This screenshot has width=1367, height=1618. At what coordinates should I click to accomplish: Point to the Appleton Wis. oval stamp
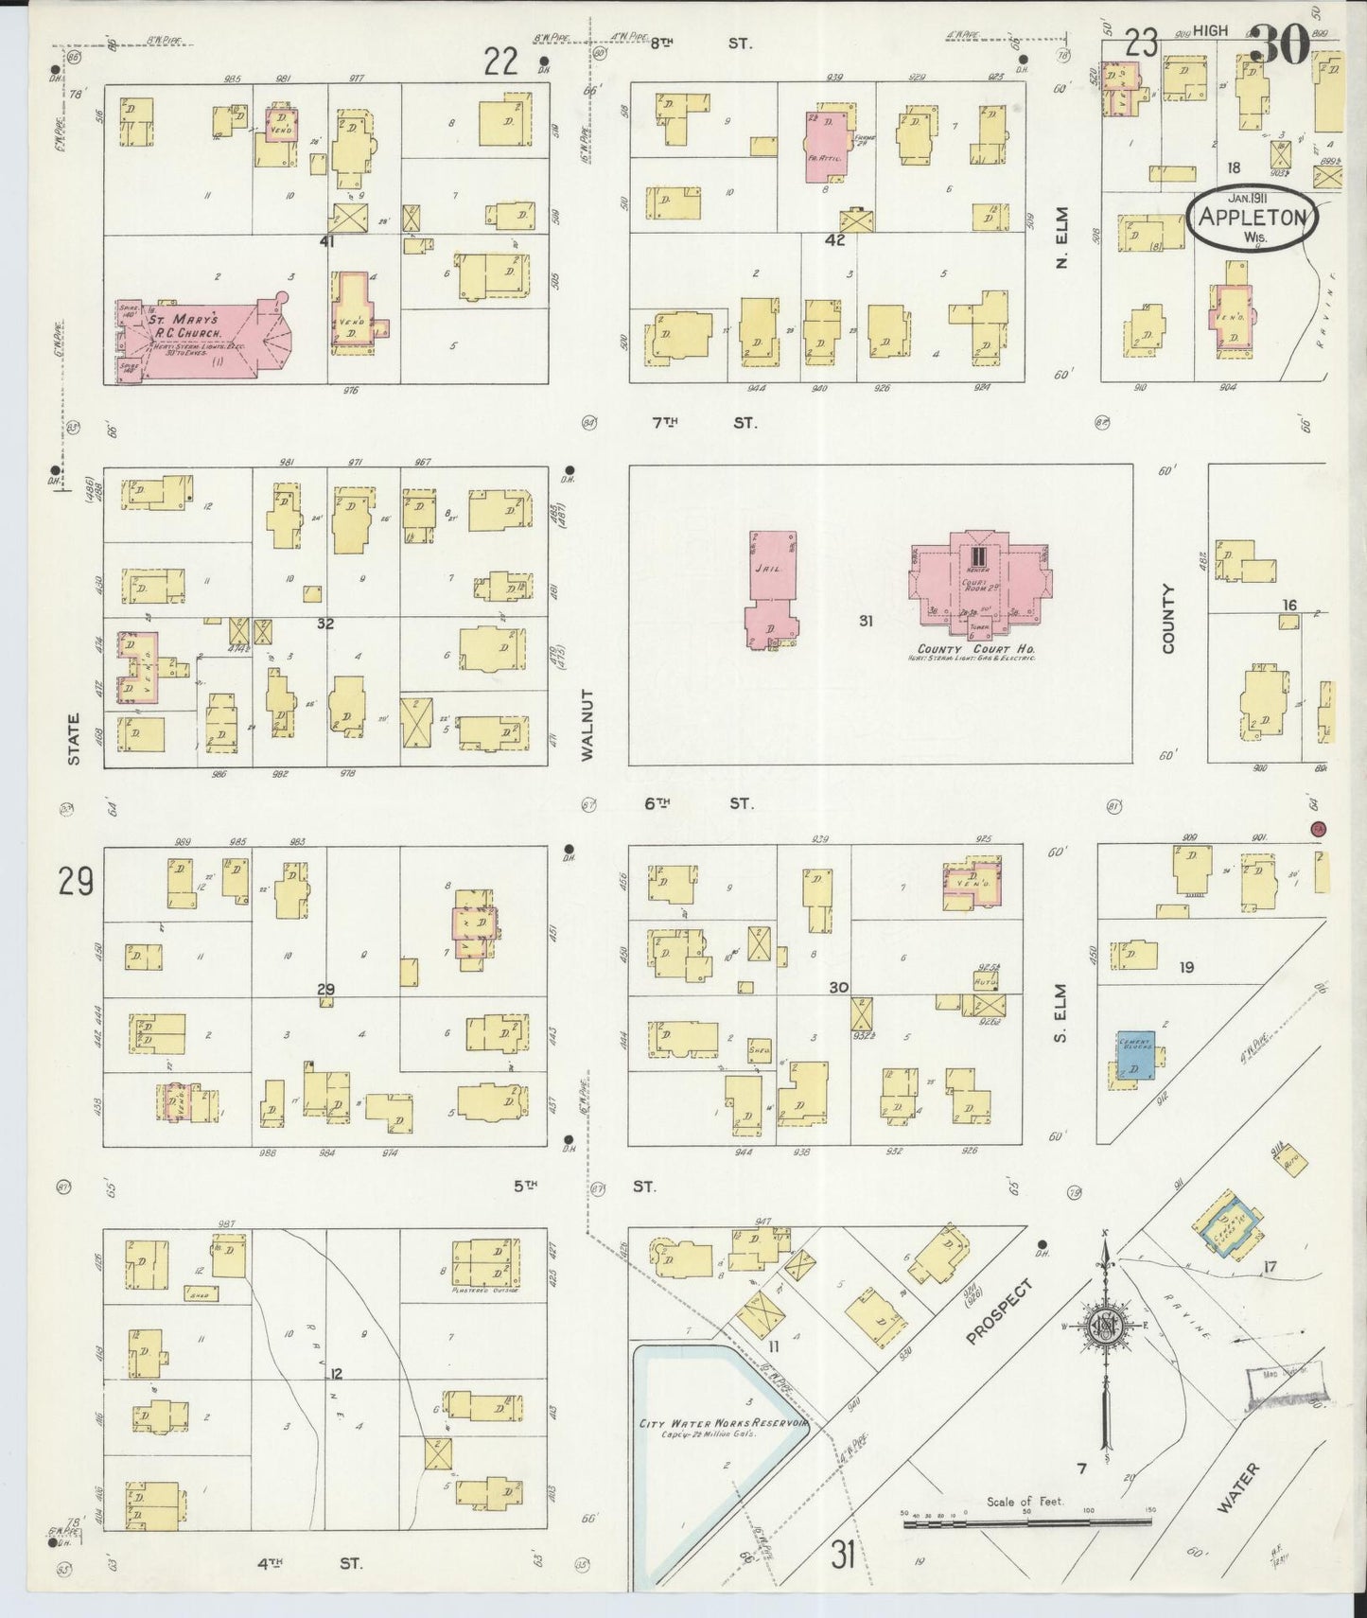(x=1253, y=217)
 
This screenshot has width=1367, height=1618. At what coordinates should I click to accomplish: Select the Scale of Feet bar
(x=1027, y=1523)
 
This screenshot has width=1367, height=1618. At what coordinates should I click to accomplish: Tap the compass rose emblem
(x=1103, y=1325)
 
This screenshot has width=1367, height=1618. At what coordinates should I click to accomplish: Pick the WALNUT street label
(x=587, y=724)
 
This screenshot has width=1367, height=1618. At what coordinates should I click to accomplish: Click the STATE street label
(x=74, y=738)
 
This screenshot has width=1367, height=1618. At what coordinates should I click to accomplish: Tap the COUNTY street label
(x=1167, y=618)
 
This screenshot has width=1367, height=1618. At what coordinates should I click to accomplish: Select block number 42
(x=834, y=239)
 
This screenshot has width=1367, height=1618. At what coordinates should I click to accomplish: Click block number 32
(x=324, y=624)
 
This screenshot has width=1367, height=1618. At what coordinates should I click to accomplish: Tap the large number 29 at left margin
(x=76, y=883)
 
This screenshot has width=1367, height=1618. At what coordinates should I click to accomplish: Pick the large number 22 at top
(x=500, y=62)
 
